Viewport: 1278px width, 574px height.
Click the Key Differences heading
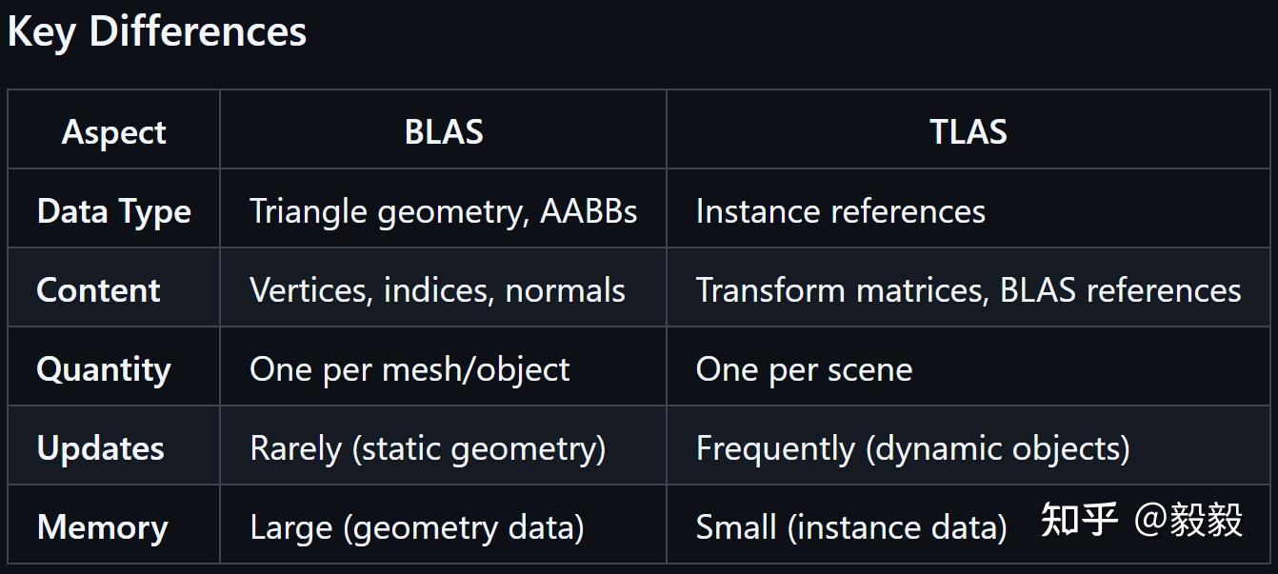157,33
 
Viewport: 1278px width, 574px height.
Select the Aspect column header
113,133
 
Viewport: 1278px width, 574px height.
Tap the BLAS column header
444,131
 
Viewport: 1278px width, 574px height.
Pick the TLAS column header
968,131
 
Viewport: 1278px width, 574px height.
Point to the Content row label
98,289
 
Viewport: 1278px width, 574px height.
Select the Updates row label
100,449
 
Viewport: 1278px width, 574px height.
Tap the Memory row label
103,527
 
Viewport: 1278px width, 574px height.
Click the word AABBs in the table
589,211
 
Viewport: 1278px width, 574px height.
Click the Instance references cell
840,211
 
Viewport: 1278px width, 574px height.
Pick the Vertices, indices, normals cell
438,290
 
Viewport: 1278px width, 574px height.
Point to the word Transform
770,289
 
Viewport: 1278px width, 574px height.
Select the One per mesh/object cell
409,370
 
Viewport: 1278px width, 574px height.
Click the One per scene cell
804,370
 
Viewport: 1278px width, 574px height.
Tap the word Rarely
295,449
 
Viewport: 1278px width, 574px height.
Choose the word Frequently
776,449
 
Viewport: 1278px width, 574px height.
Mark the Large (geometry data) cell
417,527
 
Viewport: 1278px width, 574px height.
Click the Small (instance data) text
851,527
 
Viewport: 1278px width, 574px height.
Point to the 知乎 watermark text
1079,520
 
